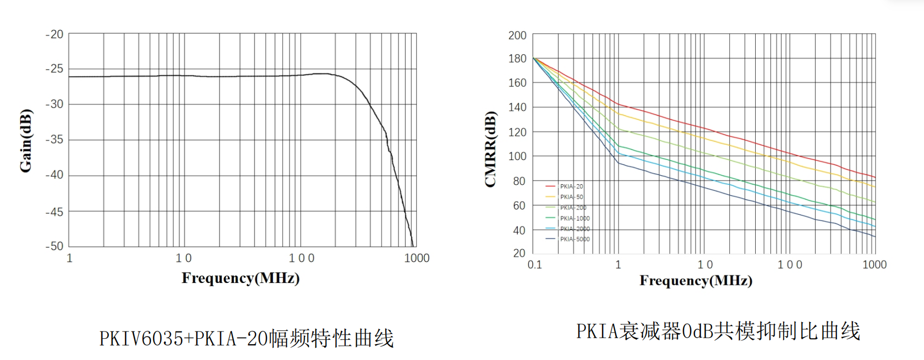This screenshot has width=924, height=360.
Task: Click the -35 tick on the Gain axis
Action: (x=54, y=139)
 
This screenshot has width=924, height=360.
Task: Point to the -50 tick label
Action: (x=54, y=246)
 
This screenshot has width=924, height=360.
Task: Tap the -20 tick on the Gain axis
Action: (x=54, y=34)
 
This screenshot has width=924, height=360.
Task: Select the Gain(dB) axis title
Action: (x=25, y=140)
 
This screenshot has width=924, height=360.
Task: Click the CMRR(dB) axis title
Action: (x=490, y=149)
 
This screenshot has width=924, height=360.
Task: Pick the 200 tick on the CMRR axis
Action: (x=517, y=35)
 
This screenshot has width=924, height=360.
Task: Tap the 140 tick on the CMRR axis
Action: (x=517, y=107)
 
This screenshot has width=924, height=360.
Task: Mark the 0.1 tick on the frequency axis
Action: (x=535, y=264)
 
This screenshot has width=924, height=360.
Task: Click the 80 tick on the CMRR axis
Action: (x=519, y=181)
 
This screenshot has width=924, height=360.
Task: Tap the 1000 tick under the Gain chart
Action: (x=417, y=258)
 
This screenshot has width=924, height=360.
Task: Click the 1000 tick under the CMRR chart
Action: (x=874, y=264)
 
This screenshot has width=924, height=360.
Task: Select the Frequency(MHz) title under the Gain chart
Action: (x=241, y=278)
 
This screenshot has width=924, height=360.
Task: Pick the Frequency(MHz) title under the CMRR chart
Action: (x=696, y=280)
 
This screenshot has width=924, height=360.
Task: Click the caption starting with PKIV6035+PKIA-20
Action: (x=246, y=338)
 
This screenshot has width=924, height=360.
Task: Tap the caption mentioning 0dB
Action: (x=718, y=331)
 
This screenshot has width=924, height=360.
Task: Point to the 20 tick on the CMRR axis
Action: (x=519, y=253)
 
